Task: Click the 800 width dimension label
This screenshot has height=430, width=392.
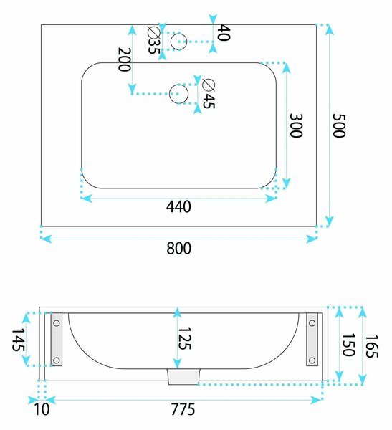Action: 179,248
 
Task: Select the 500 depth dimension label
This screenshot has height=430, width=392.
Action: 339,125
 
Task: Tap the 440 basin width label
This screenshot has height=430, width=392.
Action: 178,206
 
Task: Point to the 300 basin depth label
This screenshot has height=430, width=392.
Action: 296,125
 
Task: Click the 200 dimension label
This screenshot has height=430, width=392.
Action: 124,59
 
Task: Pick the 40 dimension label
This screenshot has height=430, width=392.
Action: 224,33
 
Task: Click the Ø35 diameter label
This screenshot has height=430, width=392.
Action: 154,40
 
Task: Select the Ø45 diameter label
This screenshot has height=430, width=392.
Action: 209,93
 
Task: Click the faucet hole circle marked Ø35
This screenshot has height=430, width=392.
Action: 178,42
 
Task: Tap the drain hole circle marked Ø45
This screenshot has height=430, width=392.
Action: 178,94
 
